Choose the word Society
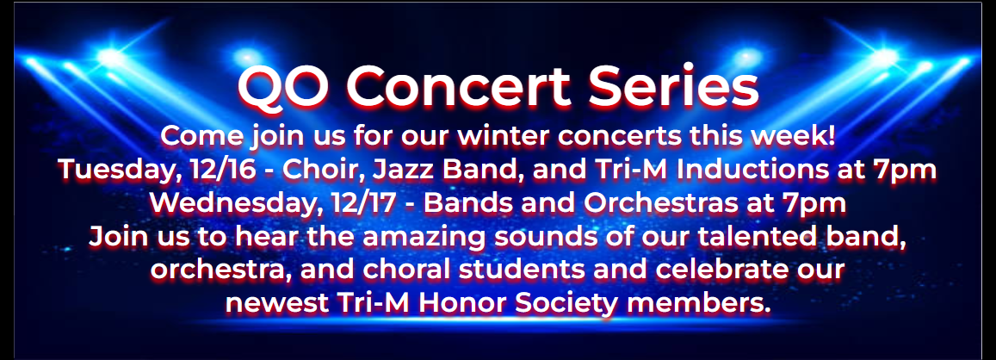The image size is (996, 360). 586,304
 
